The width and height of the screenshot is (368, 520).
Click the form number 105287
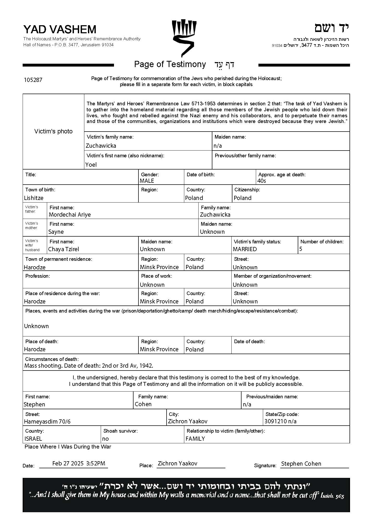pyautogui.click(x=33, y=80)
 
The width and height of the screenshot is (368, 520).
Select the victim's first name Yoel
pyautogui.click(x=91, y=165)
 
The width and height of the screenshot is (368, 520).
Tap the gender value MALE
pyautogui.click(x=147, y=181)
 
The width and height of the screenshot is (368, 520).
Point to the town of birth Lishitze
pyautogui.click(x=34, y=198)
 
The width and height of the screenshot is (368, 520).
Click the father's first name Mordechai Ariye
pyautogui.click(x=70, y=214)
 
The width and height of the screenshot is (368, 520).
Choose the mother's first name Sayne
pyautogui.click(x=56, y=232)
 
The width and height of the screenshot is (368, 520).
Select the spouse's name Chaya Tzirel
pyautogui.click(x=64, y=249)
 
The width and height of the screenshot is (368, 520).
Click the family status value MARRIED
pyautogui.click(x=245, y=249)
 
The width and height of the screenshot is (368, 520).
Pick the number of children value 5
pyautogui.click(x=301, y=249)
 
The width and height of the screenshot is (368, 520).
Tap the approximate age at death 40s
pyautogui.click(x=262, y=181)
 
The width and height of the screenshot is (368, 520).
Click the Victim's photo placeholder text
pyautogui.click(x=53, y=131)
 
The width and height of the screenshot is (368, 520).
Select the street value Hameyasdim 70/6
pyautogui.click(x=47, y=421)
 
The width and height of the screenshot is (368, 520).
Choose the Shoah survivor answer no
pyautogui.click(x=105, y=439)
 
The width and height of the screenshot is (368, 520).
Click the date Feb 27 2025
pyautogui.click(x=68, y=463)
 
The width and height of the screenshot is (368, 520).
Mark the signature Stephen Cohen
pyautogui.click(x=301, y=464)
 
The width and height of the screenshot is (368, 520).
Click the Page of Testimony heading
pyautogui.click(x=170, y=64)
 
